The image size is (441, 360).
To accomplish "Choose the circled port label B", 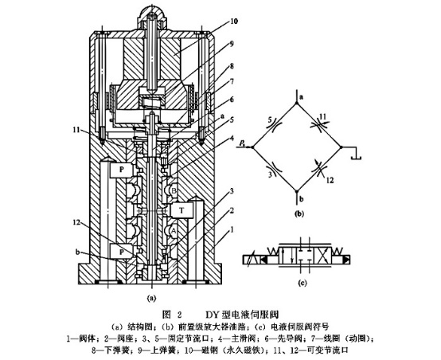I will coord(173,190).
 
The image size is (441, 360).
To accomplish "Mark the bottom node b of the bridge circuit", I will coord(301,194).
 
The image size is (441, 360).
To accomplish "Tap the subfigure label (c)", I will coord(302,280).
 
